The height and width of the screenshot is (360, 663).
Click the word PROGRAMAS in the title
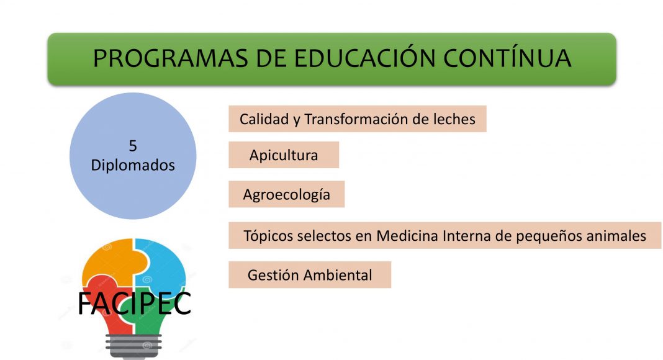click(x=170, y=58)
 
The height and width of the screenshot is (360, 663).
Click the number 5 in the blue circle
click(x=133, y=146)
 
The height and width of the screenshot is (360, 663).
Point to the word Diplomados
click(x=133, y=165)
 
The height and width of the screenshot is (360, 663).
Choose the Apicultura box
click(x=284, y=155)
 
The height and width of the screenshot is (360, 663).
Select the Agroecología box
click(x=287, y=194)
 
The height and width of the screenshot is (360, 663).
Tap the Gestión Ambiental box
click(x=310, y=275)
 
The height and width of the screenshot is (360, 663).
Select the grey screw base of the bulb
click(x=133, y=346)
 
